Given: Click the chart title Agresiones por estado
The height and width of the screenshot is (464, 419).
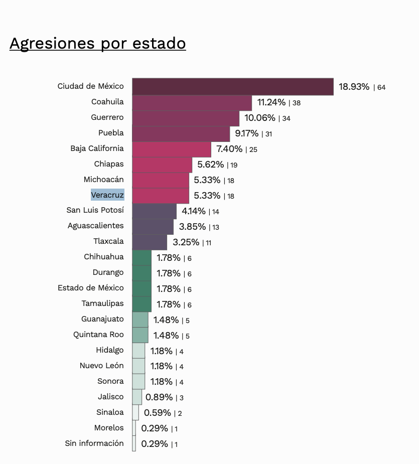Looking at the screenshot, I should point(97,43).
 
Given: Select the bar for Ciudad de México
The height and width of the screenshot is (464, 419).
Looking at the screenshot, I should point(233,86).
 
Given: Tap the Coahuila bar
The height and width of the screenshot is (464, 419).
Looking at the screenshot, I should point(192,102).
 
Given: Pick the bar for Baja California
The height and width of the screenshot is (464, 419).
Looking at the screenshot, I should point(172,149).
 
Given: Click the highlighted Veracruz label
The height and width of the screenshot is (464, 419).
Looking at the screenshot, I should point(107,195).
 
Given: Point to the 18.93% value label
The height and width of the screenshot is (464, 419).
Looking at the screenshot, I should point(354,87).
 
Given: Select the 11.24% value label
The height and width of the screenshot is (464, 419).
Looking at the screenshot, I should point(271,102).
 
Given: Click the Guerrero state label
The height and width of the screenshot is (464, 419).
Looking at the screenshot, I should point(107,117).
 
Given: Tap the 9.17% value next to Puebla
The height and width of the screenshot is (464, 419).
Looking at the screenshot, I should point(246,133).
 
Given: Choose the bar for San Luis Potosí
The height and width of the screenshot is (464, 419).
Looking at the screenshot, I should point(154,211).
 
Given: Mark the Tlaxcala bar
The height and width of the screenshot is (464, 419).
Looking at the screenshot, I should point(150,242).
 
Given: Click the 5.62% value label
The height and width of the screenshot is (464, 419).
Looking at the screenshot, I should point(210,165).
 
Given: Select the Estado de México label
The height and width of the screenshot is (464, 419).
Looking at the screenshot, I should point(91,288).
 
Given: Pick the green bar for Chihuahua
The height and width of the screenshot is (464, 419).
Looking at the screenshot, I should point(142,258).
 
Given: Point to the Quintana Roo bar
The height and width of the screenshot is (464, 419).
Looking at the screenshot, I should point(140,335).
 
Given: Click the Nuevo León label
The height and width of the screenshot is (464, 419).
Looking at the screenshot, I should point(101,366).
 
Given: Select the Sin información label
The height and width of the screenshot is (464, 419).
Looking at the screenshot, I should point(94,443).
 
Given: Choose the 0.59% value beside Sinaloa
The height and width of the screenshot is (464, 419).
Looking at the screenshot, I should point(157,413).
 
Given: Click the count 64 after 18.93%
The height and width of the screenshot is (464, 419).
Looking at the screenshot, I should point(381,87).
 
